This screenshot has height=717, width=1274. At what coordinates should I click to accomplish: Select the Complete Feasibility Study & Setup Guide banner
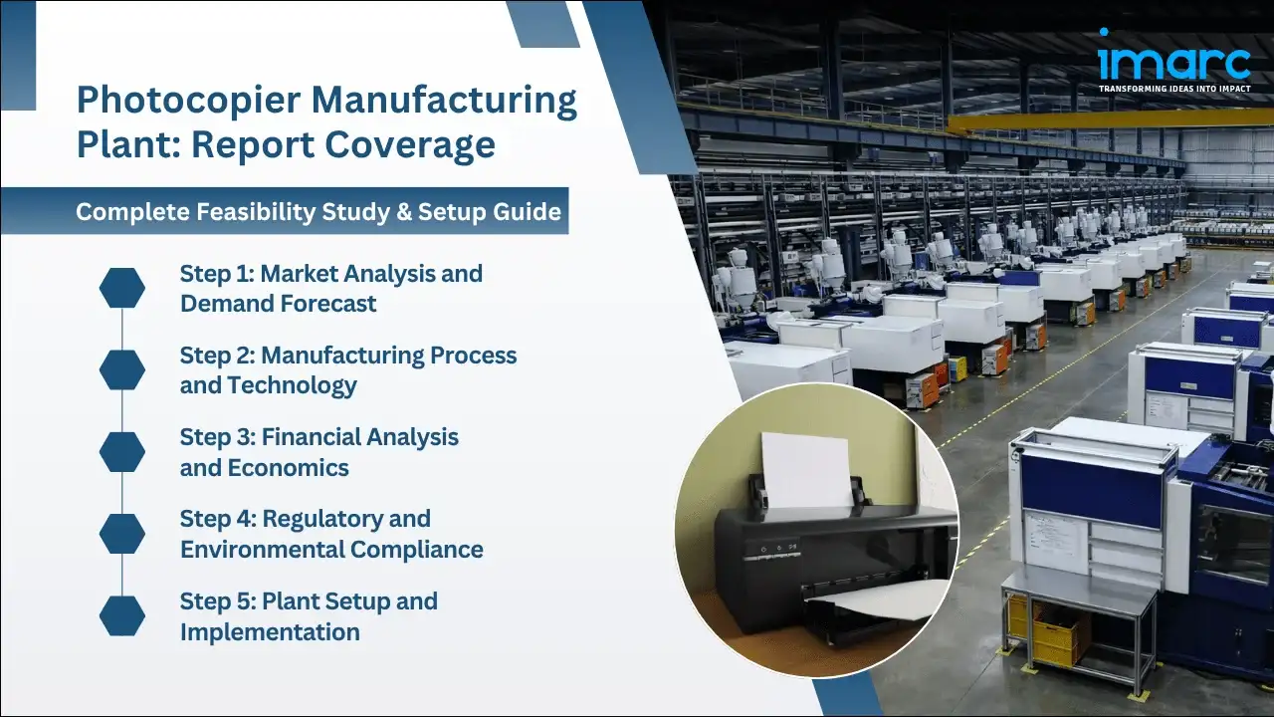click(x=318, y=212)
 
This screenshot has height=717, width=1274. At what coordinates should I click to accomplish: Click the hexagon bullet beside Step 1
click(x=122, y=288)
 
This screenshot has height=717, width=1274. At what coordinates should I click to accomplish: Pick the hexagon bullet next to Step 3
click(x=122, y=452)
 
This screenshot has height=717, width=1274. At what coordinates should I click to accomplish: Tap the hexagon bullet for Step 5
click(x=122, y=616)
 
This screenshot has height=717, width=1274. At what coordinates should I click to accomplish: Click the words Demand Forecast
click(x=279, y=304)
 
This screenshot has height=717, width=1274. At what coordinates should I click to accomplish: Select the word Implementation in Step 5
click(x=270, y=631)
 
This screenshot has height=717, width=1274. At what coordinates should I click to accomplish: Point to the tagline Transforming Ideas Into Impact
click(x=1173, y=89)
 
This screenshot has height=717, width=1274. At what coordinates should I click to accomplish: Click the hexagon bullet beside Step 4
click(x=122, y=535)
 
